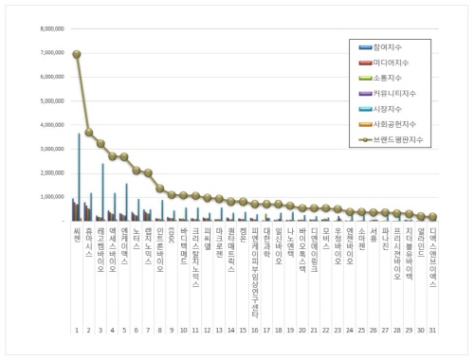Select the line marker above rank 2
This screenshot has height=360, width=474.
[x=89, y=133]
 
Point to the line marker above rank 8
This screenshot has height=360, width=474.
[x=160, y=189]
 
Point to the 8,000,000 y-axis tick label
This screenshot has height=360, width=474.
[x=50, y=29]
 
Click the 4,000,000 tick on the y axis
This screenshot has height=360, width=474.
[x=50, y=125]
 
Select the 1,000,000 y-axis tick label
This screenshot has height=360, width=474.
[x=50, y=197]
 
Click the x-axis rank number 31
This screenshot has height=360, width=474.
[x=431, y=331]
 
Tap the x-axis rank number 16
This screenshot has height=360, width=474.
[x=254, y=331]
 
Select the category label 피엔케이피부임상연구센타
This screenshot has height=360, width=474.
[x=254, y=260]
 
